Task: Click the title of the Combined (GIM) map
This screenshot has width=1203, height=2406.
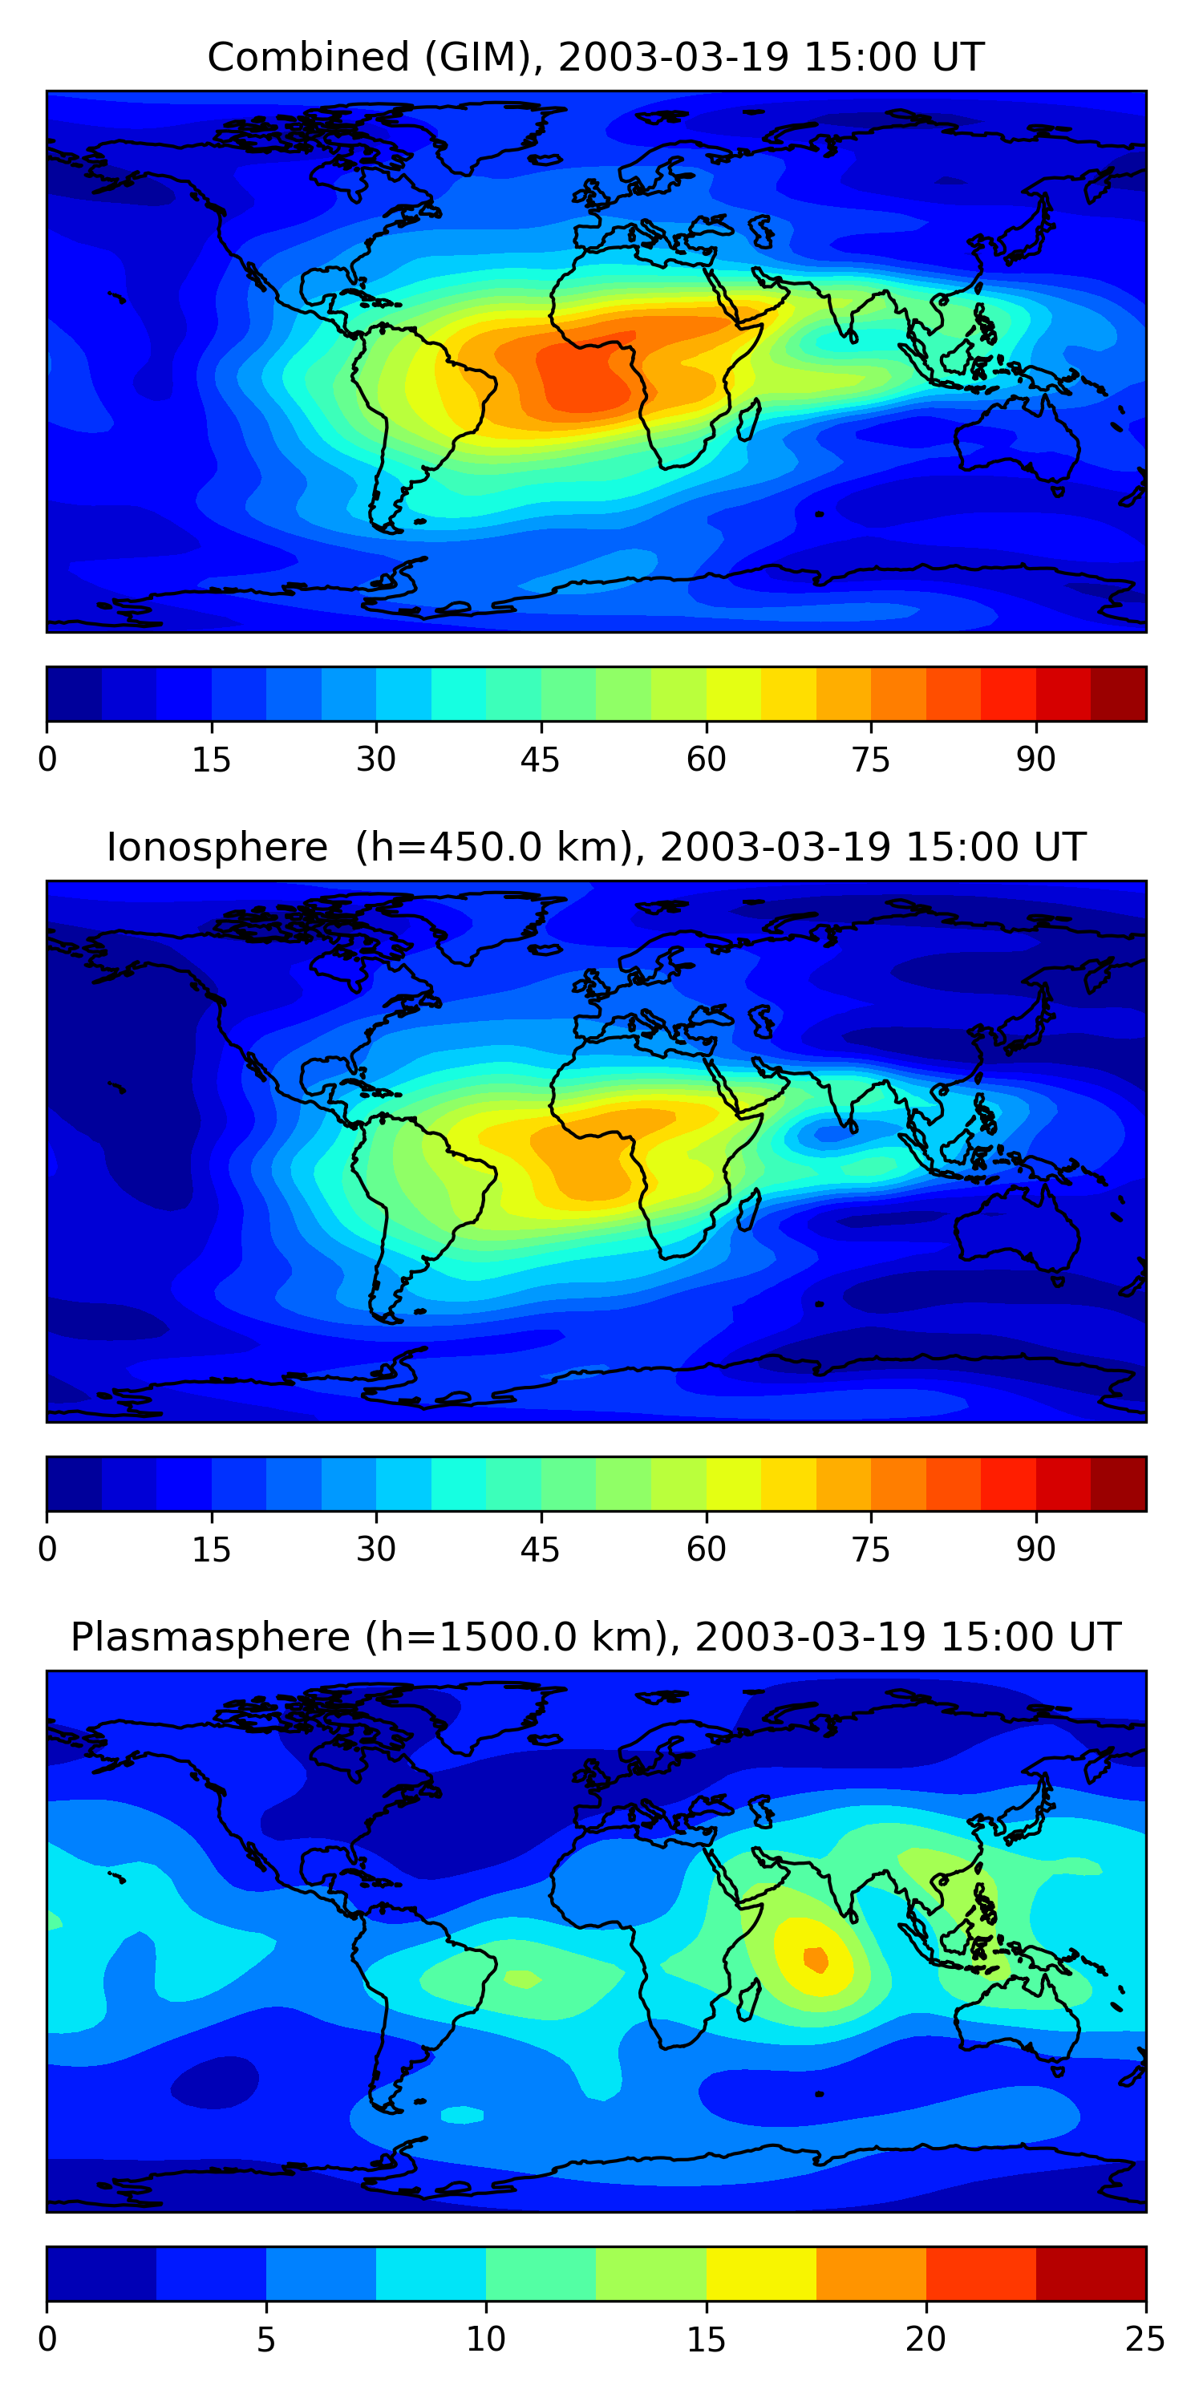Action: [596, 57]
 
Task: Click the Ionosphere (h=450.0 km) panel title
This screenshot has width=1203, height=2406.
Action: [596, 847]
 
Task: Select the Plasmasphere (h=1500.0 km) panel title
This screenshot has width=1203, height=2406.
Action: [596, 1638]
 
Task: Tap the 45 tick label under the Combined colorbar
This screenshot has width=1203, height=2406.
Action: [541, 759]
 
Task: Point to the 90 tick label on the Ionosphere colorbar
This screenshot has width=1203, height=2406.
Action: [1036, 1549]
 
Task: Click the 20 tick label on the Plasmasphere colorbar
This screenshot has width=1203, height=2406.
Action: [926, 2339]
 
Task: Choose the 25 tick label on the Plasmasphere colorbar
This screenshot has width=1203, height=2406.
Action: [1145, 2339]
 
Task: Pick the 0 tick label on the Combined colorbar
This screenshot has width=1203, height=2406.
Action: [47, 759]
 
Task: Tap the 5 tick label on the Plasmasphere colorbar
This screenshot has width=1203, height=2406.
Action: [266, 2339]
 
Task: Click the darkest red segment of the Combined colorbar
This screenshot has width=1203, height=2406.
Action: [1118, 694]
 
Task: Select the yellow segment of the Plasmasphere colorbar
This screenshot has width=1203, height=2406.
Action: [761, 2274]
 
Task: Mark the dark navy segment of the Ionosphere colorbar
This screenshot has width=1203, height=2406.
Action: [75, 1485]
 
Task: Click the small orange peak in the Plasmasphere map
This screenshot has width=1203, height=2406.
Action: [816, 1958]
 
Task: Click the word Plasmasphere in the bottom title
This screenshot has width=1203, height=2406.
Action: [211, 1638]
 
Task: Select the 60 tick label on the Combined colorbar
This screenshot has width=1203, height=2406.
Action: [706, 759]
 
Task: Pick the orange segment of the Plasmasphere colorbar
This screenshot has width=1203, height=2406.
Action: [872, 2274]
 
